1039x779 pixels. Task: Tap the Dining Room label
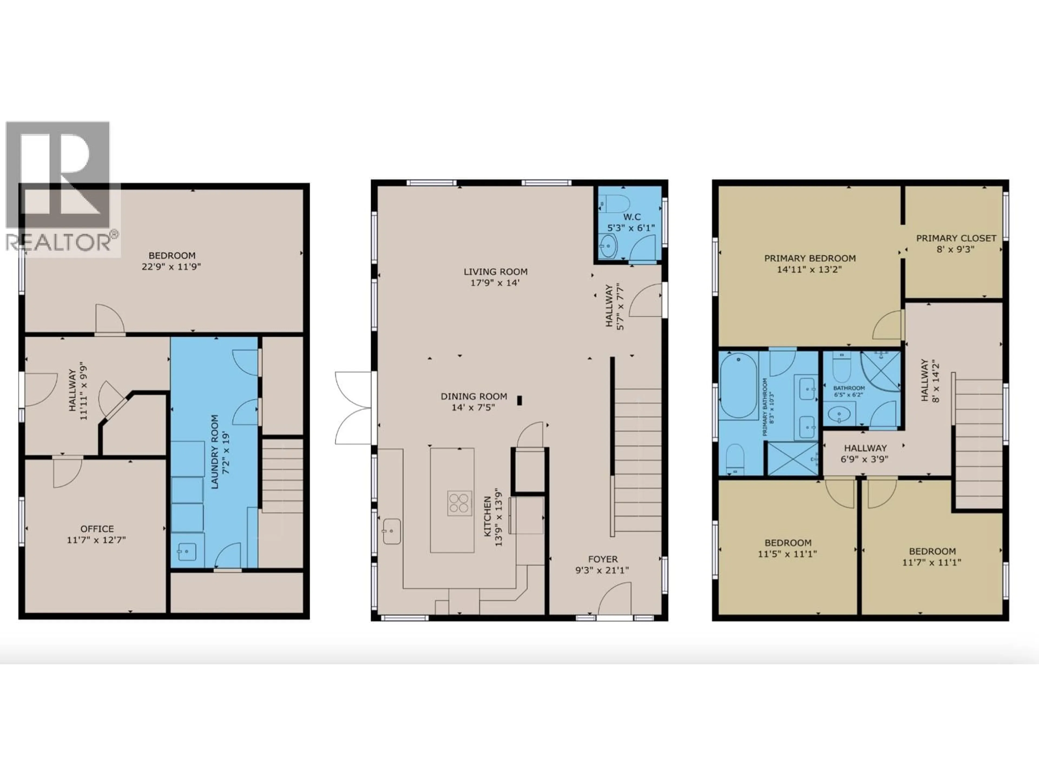[x=474, y=396]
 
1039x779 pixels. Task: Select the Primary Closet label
[x=956, y=238]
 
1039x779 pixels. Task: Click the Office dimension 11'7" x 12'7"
[x=96, y=540]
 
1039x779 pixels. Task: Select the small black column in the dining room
[x=519, y=401]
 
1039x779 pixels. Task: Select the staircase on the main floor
[x=637, y=460]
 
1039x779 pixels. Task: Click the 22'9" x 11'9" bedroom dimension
[x=172, y=267]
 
